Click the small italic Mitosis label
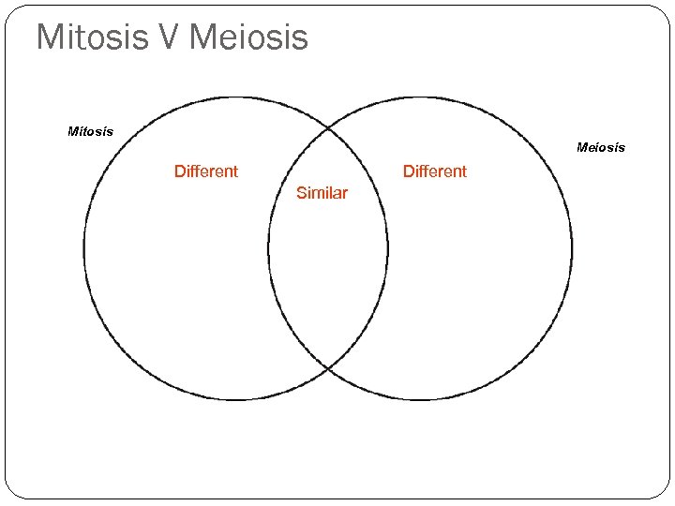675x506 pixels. [91, 131]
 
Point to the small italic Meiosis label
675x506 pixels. [601, 147]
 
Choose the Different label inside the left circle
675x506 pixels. [206, 171]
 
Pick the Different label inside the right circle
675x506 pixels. [435, 171]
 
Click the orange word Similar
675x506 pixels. [322, 193]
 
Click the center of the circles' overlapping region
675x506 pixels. [327, 249]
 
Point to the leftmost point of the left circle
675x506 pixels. [84, 249]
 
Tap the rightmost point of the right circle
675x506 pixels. [572, 249]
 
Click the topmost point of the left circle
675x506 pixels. [235, 97]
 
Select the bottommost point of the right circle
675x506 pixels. [420, 400]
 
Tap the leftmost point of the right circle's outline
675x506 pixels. [268, 249]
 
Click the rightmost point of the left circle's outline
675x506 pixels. [387, 249]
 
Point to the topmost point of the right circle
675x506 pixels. [420, 97]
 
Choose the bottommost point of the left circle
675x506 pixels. [235, 400]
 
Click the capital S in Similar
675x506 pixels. [301, 193]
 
